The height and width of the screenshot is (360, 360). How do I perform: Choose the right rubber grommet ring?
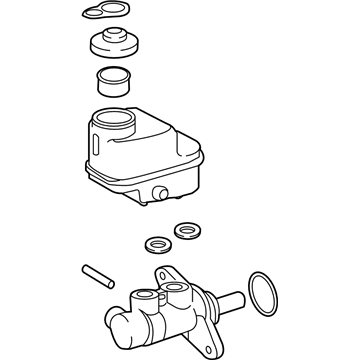[184, 231]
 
